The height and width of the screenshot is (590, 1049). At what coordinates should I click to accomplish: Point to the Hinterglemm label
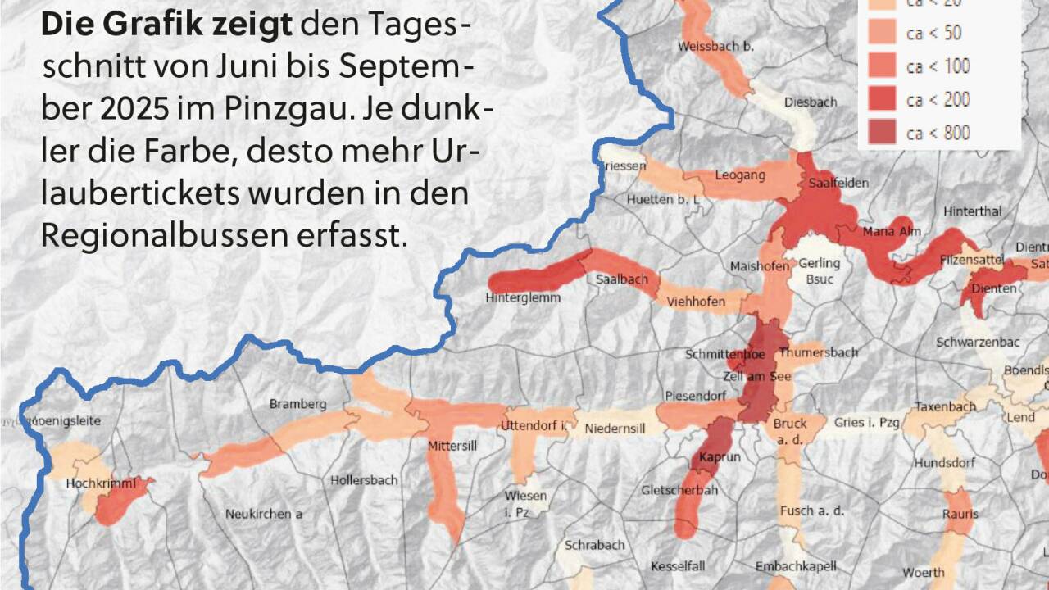coord(523,297)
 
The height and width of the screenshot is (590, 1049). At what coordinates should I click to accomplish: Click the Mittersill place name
coord(452,447)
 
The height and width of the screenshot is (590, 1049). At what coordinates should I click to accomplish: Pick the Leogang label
coord(739,175)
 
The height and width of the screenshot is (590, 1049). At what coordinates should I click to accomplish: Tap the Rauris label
coord(960,515)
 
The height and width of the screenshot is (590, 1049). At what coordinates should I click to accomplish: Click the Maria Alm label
coord(892,232)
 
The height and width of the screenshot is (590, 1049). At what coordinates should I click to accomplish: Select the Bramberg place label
coord(298,404)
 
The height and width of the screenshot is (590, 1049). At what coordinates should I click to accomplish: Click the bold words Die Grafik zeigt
coord(166,25)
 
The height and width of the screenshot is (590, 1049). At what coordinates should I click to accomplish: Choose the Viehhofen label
coord(696,302)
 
